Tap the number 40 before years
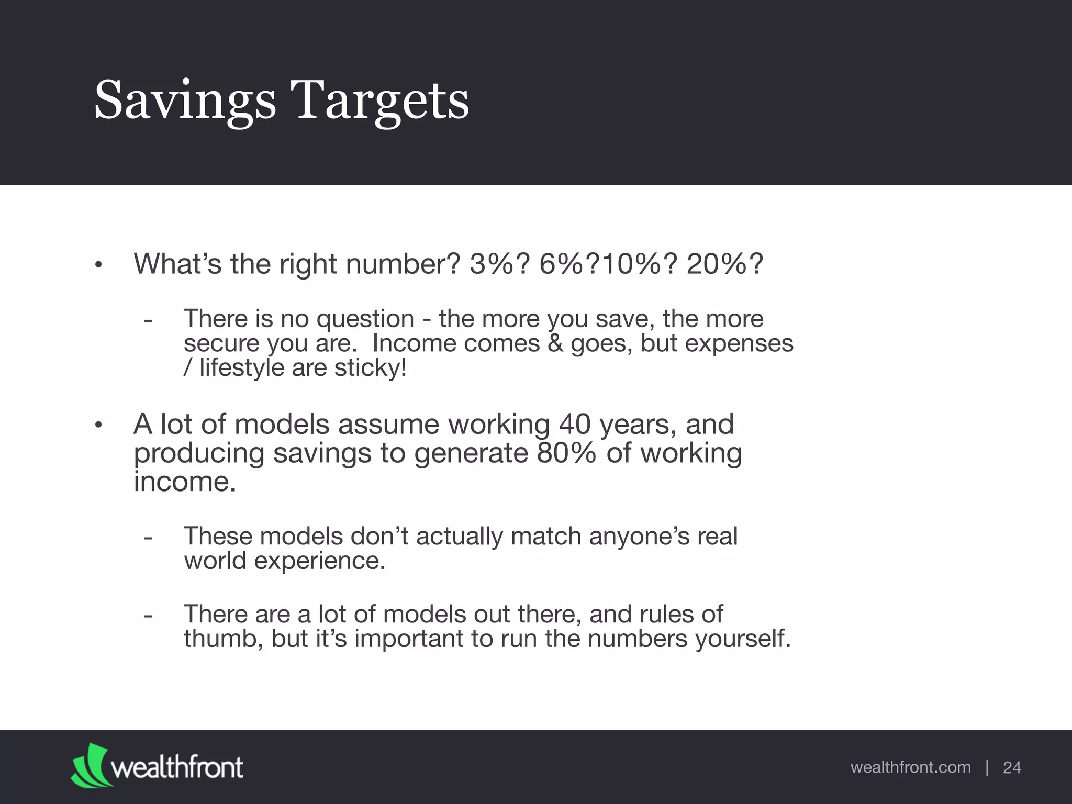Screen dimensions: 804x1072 pos(575,424)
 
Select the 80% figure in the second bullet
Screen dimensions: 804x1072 pos(566,453)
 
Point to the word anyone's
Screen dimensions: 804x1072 pos(639,536)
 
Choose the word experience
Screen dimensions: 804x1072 pos(319,561)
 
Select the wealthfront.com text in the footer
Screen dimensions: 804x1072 pos(910,767)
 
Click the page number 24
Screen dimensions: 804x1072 pos(1012,767)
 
